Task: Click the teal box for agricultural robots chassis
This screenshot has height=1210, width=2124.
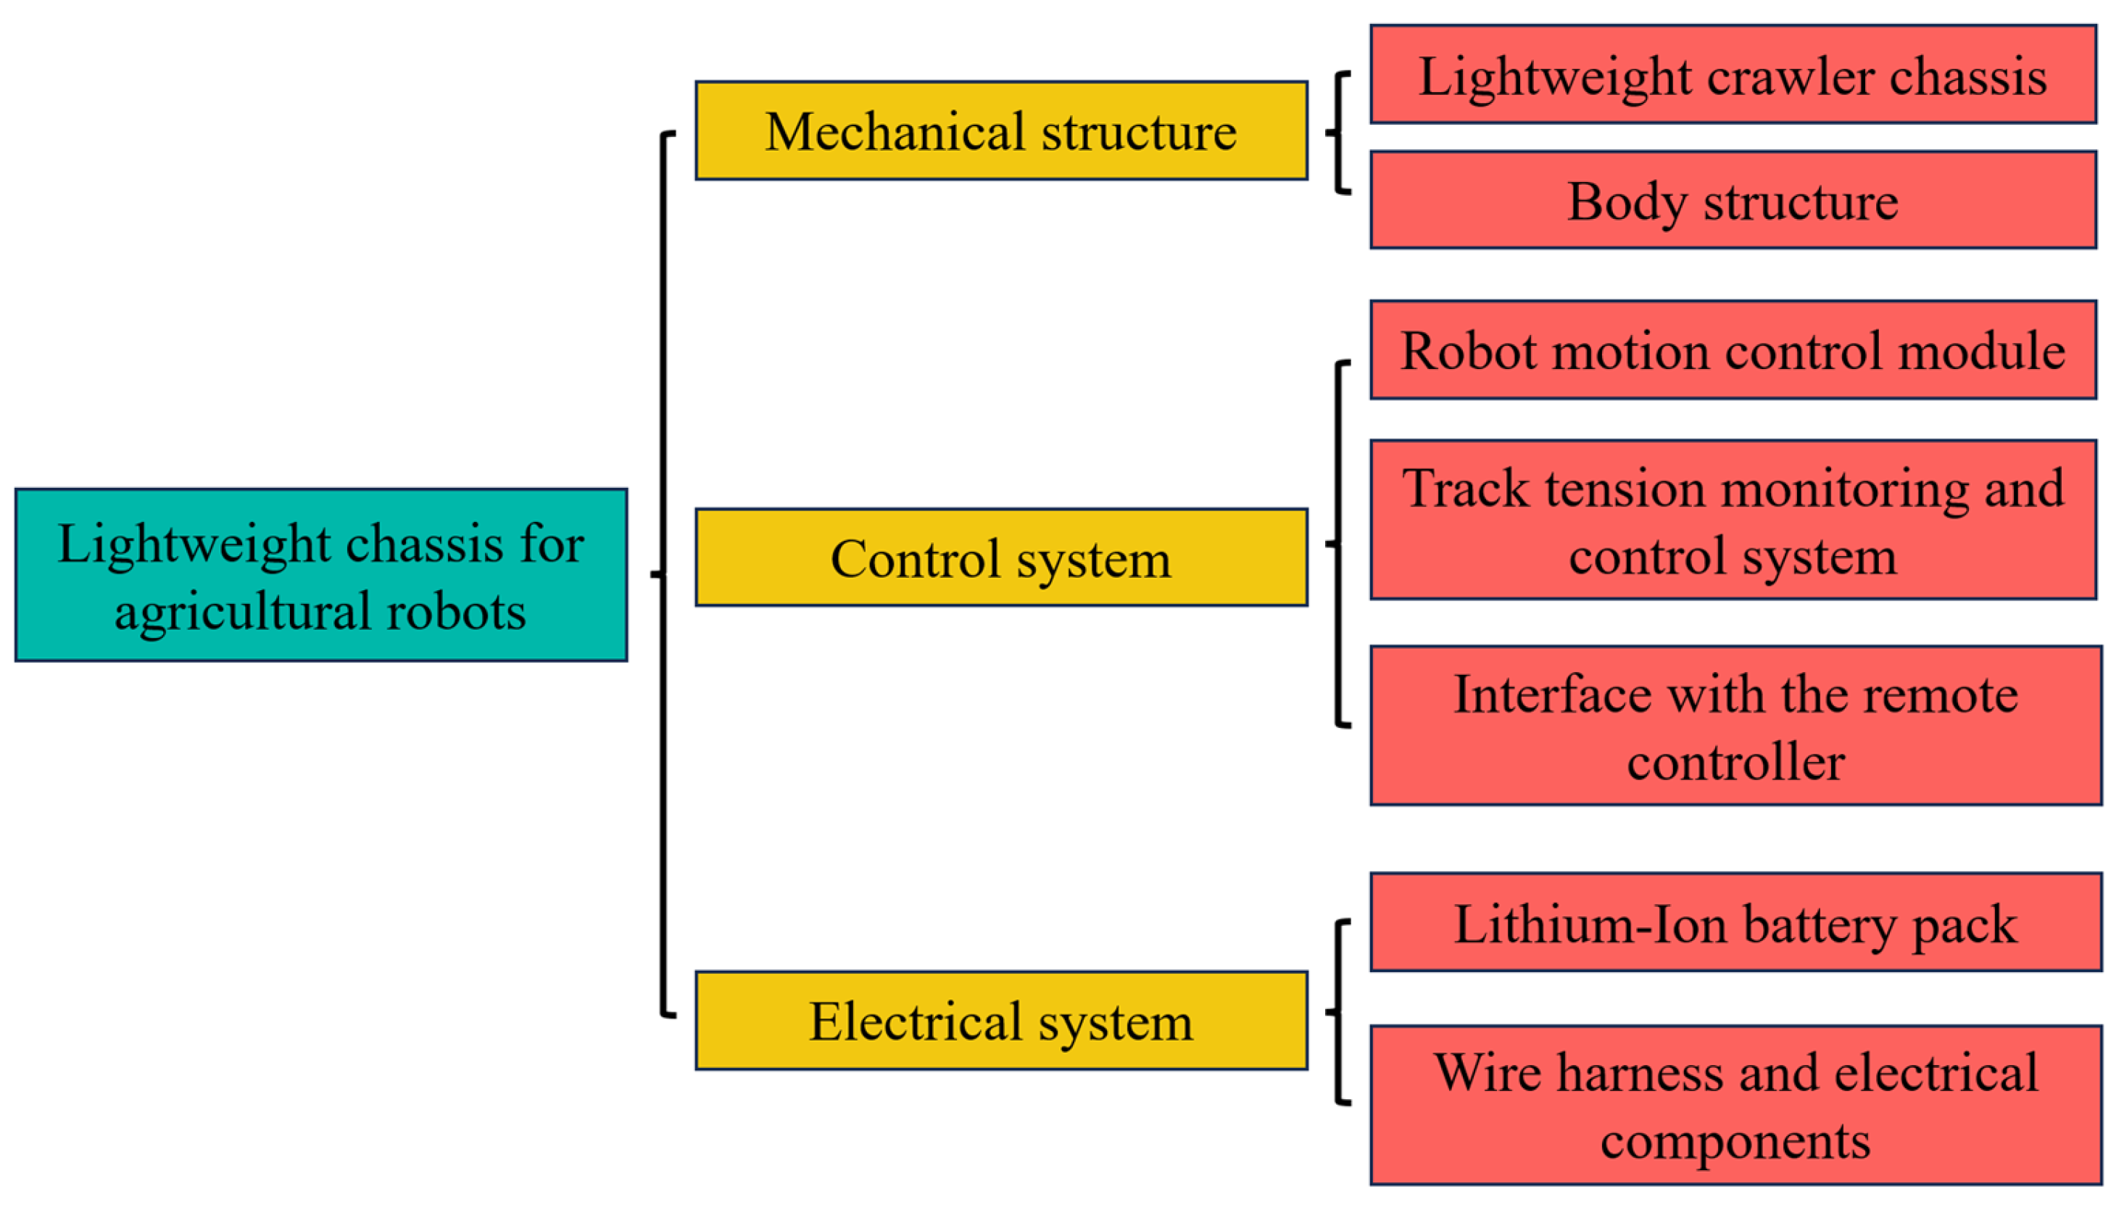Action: [x=320, y=575]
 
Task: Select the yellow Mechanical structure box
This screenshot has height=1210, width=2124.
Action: [x=1001, y=130]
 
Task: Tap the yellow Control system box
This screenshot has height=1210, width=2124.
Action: [x=1001, y=557]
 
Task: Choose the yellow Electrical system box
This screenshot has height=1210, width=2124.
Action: [x=1001, y=1021]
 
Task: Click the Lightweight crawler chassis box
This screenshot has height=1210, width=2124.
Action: [x=1733, y=74]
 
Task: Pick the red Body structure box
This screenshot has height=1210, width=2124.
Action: [x=1733, y=199]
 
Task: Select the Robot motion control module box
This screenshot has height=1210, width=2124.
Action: [x=1733, y=350]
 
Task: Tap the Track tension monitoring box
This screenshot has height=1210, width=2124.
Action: [x=1733, y=519]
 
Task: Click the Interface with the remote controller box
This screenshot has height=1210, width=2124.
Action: [x=1736, y=726]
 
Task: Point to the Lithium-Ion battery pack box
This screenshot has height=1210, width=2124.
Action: [x=1736, y=921]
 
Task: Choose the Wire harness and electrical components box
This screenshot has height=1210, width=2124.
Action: [x=1736, y=1104]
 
